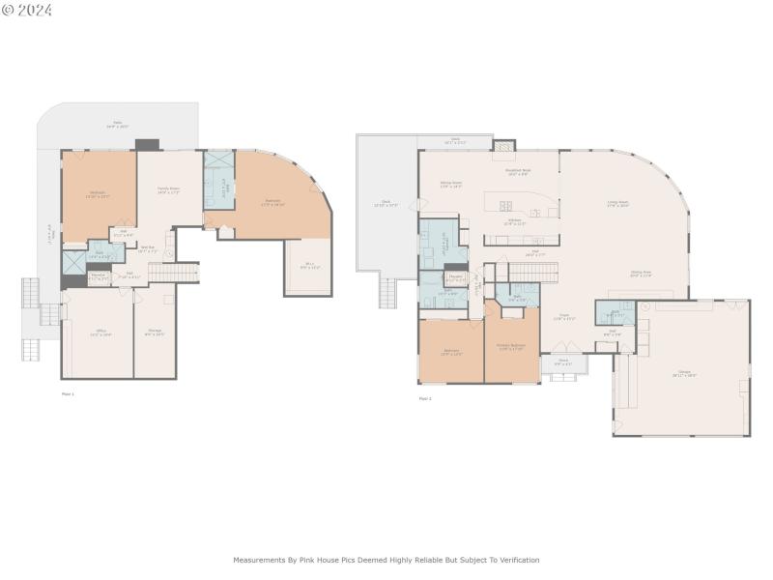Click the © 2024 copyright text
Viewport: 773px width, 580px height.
click(27, 10)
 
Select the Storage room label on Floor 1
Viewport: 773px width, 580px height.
click(155, 333)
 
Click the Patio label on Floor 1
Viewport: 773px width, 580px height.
click(118, 124)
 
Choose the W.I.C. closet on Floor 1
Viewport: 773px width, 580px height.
click(309, 265)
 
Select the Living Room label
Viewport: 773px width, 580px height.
click(617, 204)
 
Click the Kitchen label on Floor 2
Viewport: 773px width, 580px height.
click(517, 221)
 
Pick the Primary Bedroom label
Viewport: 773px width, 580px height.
click(511, 347)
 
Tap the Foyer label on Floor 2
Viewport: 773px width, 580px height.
click(563, 317)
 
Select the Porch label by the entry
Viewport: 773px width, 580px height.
click(563, 364)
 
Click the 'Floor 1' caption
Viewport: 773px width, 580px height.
click(68, 393)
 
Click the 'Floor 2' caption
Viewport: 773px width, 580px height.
click(425, 397)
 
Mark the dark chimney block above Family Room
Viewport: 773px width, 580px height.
click(147, 144)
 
